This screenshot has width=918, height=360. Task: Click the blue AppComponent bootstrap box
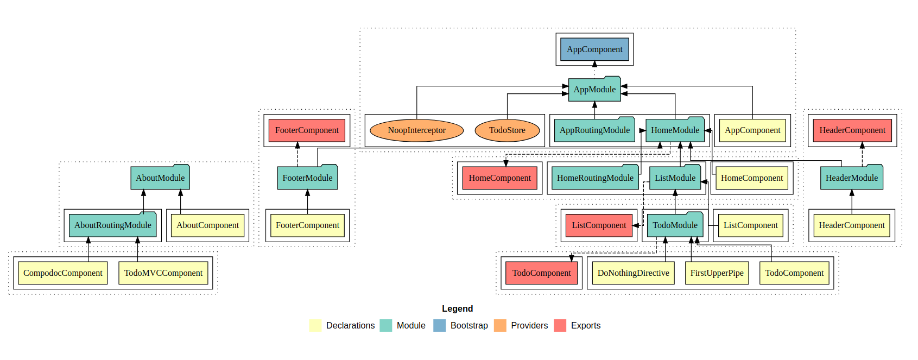(x=594, y=49)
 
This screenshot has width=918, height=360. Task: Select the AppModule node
(x=594, y=90)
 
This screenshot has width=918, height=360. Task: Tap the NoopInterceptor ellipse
(x=416, y=130)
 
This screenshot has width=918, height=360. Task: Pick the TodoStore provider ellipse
(x=507, y=130)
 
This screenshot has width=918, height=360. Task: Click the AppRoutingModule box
(x=594, y=130)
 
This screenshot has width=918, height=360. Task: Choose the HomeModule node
(x=675, y=130)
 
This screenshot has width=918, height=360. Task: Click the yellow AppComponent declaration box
(x=752, y=130)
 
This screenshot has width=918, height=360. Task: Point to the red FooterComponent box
(x=307, y=130)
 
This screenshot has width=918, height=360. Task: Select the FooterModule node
(x=307, y=178)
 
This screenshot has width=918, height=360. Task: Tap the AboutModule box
(x=160, y=178)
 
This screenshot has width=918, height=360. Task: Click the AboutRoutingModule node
(x=112, y=225)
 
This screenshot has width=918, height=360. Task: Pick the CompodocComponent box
(x=63, y=273)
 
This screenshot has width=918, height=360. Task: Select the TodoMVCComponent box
(x=163, y=273)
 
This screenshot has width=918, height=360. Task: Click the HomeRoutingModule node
(x=595, y=178)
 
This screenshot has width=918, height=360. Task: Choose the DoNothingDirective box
(x=633, y=273)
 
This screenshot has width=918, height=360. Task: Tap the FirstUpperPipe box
(x=717, y=273)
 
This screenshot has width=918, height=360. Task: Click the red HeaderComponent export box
(x=852, y=130)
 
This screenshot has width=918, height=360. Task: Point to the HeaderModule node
(x=851, y=178)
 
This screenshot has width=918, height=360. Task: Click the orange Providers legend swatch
(x=500, y=326)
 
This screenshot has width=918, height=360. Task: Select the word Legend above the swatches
(x=457, y=309)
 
